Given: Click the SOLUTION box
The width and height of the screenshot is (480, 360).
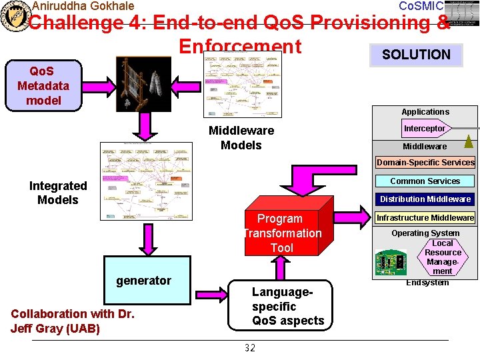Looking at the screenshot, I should pyautogui.click(x=416, y=55).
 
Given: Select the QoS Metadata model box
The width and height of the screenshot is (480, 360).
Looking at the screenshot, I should pyautogui.click(x=39, y=85).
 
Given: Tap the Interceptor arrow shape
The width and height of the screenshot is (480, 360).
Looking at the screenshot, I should pyautogui.click(x=425, y=128).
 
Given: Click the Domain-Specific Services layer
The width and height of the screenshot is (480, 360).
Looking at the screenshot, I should pyautogui.click(x=425, y=162).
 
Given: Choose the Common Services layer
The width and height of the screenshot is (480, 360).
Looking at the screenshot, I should pyautogui.click(x=425, y=181).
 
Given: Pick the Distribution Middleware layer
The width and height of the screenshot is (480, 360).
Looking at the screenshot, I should pyautogui.click(x=425, y=199).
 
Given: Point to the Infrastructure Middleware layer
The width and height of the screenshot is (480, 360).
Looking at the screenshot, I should pyautogui.click(x=425, y=217).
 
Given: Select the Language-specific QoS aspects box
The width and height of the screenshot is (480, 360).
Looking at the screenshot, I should pyautogui.click(x=287, y=306).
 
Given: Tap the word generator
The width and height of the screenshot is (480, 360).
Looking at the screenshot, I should pyautogui.click(x=143, y=281).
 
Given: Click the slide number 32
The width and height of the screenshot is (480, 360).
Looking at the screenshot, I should pyautogui.click(x=250, y=347).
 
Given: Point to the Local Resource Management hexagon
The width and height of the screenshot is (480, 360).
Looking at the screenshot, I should pyautogui.click(x=443, y=257).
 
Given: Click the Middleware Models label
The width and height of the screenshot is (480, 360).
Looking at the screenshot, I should pyautogui.click(x=241, y=138).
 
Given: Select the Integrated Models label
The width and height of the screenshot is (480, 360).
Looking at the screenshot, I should pyautogui.click(x=58, y=193).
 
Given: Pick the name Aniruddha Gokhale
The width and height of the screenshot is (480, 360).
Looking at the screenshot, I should pyautogui.click(x=83, y=6).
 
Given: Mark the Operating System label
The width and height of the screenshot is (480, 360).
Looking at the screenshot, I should pyautogui.click(x=425, y=233).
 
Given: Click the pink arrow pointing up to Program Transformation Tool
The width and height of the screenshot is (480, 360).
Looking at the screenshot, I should pyautogui.click(x=281, y=268).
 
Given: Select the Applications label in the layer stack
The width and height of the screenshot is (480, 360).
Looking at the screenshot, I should pyautogui.click(x=425, y=112).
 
